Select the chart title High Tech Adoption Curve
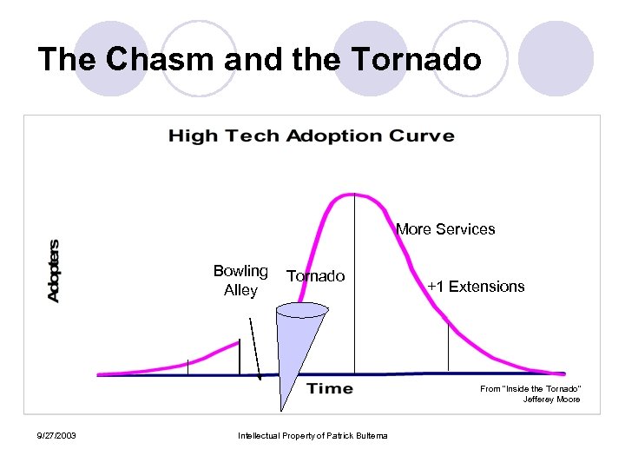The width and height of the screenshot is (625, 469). [311, 135]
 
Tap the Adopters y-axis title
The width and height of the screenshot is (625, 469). [54, 270]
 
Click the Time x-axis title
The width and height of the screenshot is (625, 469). [330, 388]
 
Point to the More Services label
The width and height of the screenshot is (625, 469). [445, 229]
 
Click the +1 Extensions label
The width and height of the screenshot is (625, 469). [476, 287]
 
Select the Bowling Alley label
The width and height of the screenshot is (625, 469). [240, 281]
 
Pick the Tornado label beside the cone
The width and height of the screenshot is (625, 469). [316, 276]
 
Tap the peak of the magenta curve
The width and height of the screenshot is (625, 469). [353, 194]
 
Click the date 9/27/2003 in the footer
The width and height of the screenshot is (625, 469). [56, 435]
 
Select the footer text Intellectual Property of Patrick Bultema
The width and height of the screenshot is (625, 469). [312, 435]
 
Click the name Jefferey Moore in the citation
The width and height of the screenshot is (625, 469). [551, 400]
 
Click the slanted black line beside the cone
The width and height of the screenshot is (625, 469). [254, 344]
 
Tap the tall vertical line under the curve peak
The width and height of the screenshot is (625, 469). [354, 287]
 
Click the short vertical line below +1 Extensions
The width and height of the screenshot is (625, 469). [448, 347]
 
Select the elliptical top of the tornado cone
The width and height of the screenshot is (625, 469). [301, 308]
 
